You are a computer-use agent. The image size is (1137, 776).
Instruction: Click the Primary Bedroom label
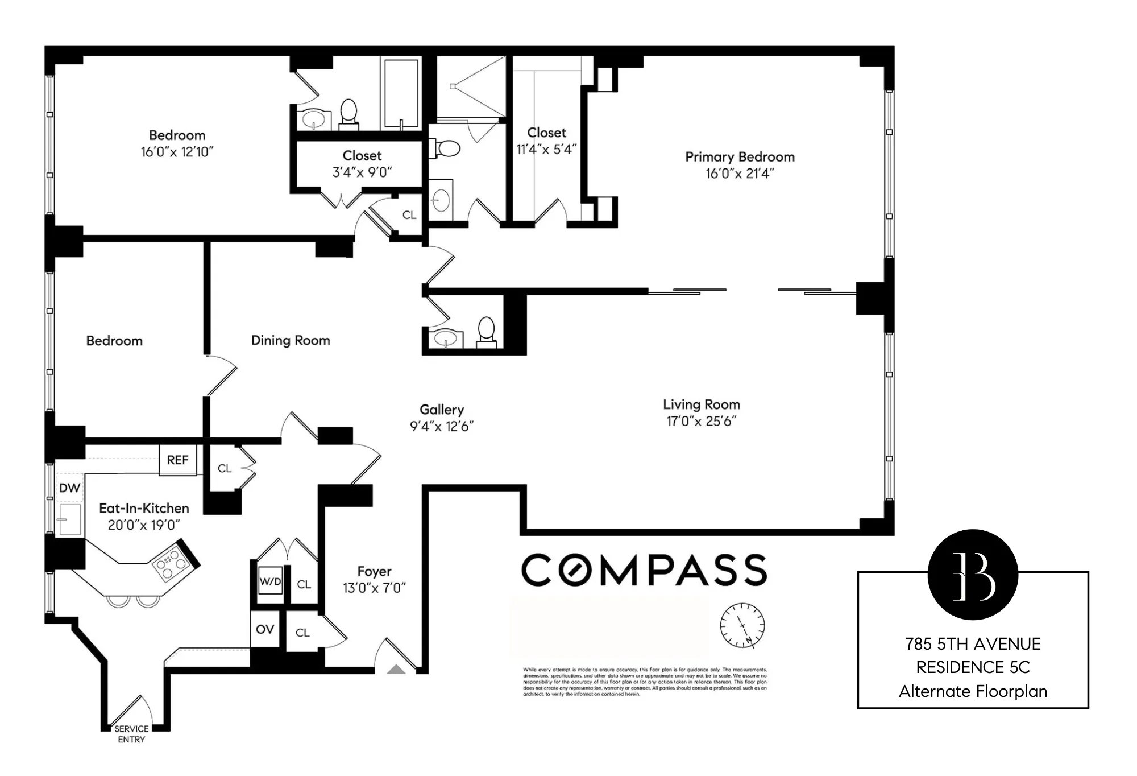coord(739,157)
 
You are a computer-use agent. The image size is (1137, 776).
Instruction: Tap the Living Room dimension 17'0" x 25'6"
coord(701,422)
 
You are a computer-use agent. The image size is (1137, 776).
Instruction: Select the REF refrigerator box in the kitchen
coord(177,460)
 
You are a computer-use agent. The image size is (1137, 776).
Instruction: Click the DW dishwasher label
coord(69,488)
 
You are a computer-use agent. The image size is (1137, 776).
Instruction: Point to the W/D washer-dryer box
coord(270,581)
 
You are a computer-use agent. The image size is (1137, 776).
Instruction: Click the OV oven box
coord(265,630)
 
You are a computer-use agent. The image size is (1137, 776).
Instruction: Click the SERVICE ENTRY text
coord(131,734)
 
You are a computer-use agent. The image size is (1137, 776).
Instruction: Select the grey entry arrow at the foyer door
coord(396,670)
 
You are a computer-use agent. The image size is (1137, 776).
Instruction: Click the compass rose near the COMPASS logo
coord(742,626)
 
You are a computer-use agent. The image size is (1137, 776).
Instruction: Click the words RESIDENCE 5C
coord(973,667)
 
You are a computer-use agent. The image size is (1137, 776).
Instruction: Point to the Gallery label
coord(442,410)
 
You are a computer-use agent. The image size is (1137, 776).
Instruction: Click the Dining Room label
coord(291,340)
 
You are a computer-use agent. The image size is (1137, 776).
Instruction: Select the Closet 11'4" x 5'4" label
coord(546,141)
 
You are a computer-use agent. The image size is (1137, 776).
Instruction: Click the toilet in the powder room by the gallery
coord(486,331)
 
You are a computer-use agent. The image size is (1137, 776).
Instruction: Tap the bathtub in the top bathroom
coord(401,93)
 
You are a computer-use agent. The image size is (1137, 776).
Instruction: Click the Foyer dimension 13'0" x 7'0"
coord(374,588)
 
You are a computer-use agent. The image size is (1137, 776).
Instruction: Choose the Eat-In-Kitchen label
coord(144,508)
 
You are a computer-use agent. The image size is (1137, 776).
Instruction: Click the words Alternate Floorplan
coord(973,692)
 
